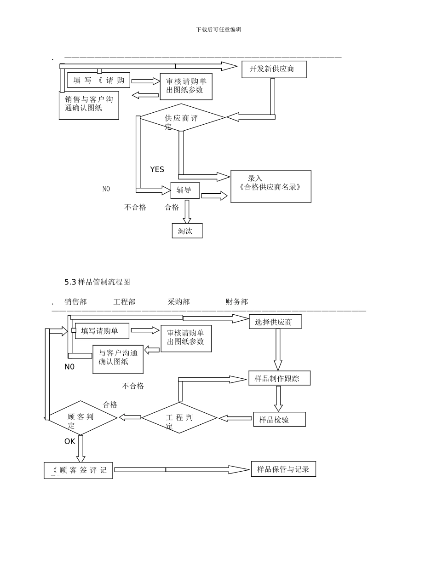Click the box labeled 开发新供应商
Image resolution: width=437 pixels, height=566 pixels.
click(x=274, y=69)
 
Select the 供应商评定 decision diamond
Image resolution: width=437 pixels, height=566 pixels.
click(x=183, y=118)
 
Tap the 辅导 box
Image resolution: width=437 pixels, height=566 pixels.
click(x=185, y=190)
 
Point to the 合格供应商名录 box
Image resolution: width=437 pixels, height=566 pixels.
click(x=270, y=186)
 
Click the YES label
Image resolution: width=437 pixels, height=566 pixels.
click(x=157, y=169)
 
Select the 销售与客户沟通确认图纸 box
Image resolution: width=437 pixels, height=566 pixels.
click(x=89, y=105)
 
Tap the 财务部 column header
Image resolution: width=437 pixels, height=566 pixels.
click(x=236, y=302)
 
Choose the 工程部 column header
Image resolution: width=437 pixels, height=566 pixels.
click(x=124, y=302)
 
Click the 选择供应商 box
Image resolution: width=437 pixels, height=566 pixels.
click(x=275, y=322)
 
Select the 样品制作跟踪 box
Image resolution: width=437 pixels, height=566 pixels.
click(x=279, y=378)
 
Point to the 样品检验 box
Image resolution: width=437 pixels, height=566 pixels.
click(x=279, y=419)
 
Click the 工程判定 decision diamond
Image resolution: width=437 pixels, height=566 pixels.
click(x=179, y=418)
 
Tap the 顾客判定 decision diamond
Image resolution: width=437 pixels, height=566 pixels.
click(x=81, y=418)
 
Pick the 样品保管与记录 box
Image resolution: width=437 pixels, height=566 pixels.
click(x=283, y=469)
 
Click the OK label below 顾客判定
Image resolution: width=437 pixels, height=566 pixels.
click(x=69, y=441)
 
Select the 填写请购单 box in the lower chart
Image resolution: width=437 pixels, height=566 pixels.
click(x=102, y=330)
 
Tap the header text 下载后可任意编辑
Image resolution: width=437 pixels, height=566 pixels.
click(x=218, y=29)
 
